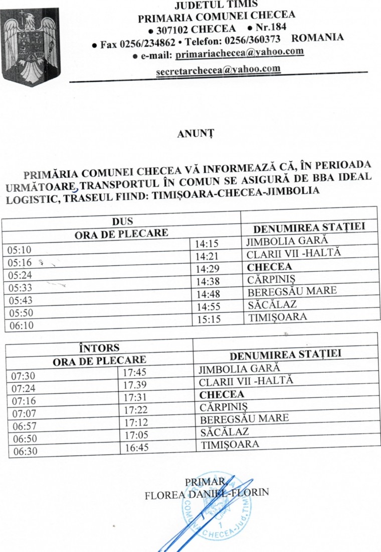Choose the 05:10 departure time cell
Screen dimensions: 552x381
[x=20, y=249]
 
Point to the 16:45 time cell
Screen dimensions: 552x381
[x=136, y=448]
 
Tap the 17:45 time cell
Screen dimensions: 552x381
[x=134, y=373]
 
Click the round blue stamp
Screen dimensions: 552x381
[x=217, y=505]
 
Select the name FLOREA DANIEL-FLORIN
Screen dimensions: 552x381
[x=207, y=493]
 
